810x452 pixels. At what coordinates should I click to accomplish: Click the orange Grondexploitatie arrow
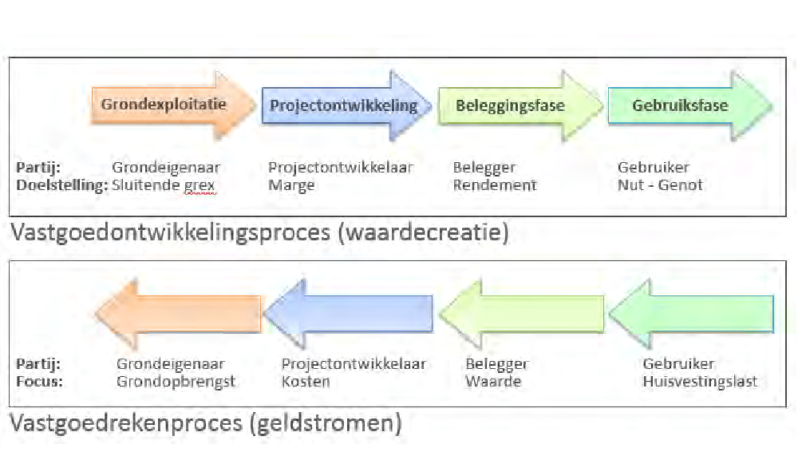click(x=164, y=105)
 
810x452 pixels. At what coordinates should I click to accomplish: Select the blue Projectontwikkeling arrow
click(x=343, y=105)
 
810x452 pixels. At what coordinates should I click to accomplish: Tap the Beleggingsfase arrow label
click(x=510, y=105)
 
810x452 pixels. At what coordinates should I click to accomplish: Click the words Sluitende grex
click(x=164, y=185)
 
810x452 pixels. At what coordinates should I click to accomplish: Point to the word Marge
click(x=291, y=185)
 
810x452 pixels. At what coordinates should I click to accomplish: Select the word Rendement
click(x=495, y=185)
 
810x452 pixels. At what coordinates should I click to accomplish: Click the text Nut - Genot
click(x=660, y=185)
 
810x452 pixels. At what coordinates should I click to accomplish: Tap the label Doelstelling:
click(x=61, y=185)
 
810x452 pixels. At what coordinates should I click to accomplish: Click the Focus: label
click(x=39, y=381)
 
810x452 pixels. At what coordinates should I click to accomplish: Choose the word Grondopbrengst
click(x=176, y=381)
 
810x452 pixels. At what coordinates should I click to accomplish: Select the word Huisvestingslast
click(x=700, y=381)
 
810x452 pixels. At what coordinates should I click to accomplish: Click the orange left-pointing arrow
click(x=180, y=313)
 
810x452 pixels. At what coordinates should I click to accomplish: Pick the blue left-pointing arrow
click(x=350, y=313)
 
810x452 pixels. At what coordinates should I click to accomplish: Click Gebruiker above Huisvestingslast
click(x=678, y=364)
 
